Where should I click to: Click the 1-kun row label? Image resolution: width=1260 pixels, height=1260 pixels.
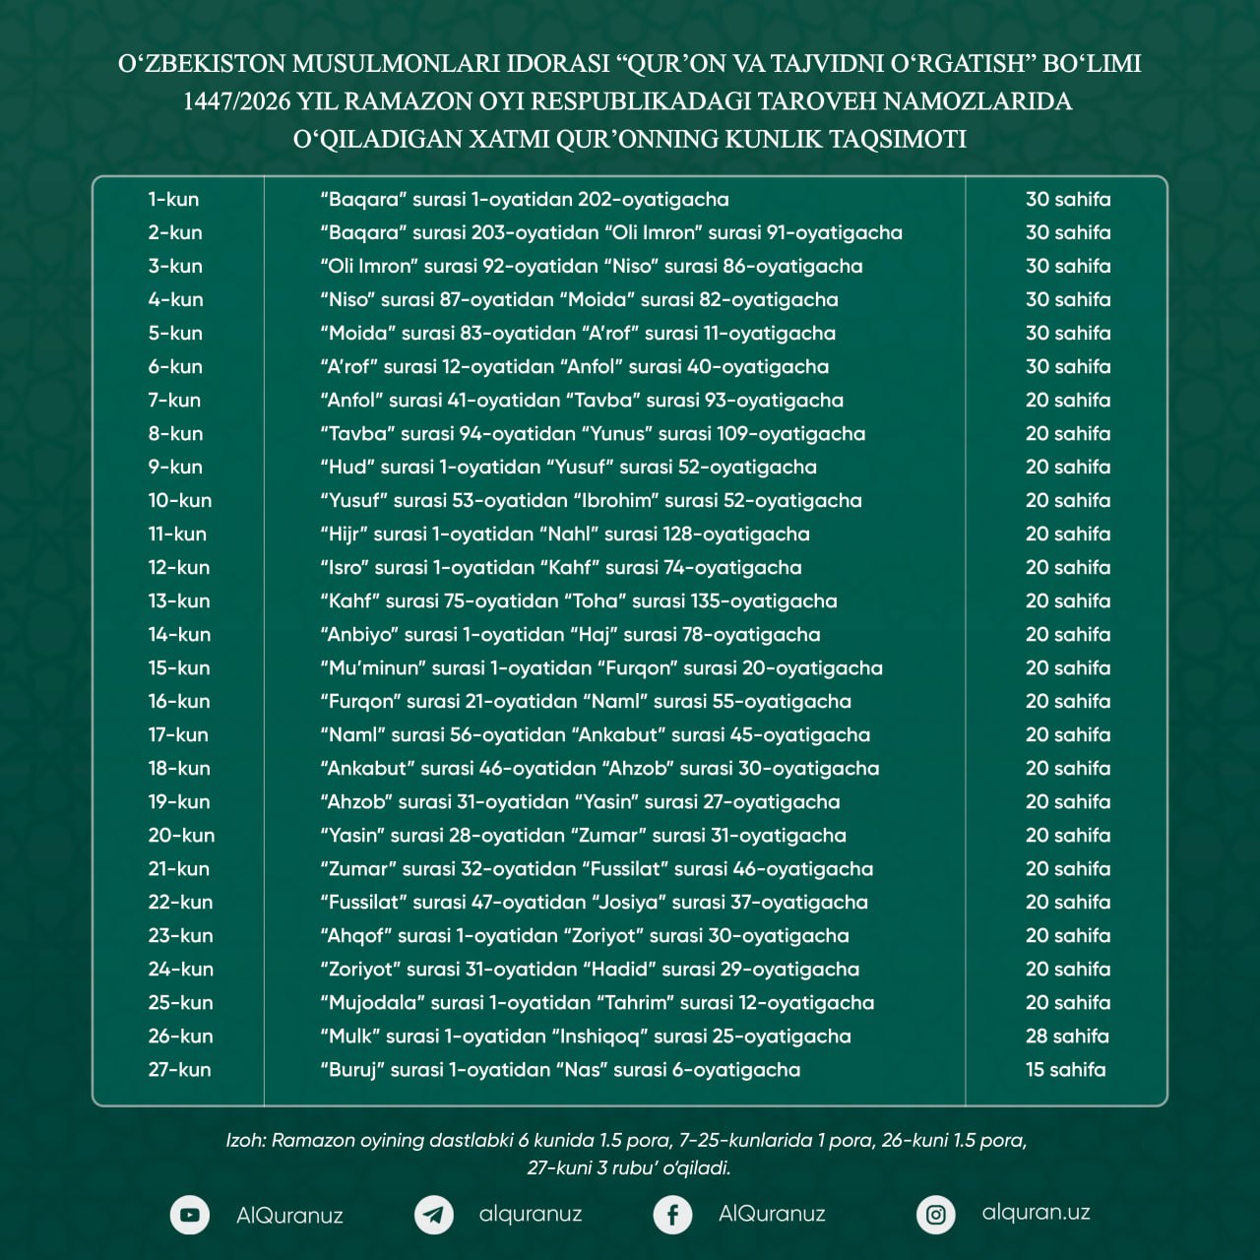point(173,199)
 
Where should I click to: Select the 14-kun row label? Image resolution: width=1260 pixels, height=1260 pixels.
point(179,634)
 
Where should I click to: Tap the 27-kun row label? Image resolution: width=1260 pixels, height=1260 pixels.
point(179,1069)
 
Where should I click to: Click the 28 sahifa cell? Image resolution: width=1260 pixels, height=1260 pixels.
point(1067,1036)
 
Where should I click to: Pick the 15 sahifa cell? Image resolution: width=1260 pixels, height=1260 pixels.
point(1065,1069)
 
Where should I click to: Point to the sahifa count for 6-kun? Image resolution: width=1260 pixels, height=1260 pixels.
point(1067,366)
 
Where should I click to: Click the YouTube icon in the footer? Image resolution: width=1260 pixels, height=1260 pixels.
point(190,1215)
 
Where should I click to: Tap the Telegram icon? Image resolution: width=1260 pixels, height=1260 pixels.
point(433,1215)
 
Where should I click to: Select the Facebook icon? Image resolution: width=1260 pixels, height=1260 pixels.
point(672,1215)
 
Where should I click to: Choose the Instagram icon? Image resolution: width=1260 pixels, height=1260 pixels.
point(936,1215)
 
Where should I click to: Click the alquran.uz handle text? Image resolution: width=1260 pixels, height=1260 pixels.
point(1036,1213)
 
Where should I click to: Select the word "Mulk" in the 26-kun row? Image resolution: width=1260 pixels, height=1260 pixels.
point(349,1036)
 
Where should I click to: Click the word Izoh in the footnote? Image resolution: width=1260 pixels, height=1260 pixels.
point(245,1140)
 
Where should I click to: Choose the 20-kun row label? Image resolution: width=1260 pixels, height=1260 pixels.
point(181,835)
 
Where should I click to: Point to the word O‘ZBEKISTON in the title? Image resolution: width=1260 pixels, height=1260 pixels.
point(203,64)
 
